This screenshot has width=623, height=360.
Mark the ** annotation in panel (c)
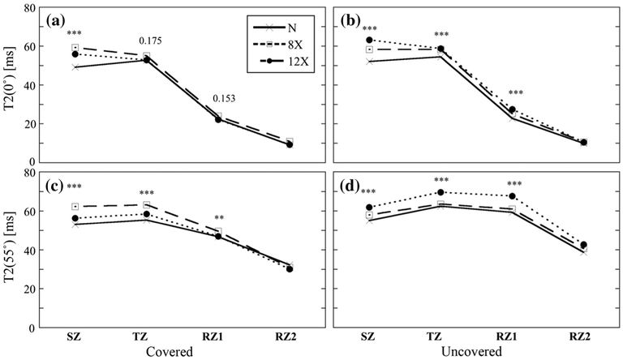coord(218,218)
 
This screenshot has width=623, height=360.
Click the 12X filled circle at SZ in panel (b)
coord(369,40)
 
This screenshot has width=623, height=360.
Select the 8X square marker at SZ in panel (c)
coord(75,207)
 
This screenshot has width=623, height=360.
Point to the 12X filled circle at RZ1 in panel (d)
coord(512,196)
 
